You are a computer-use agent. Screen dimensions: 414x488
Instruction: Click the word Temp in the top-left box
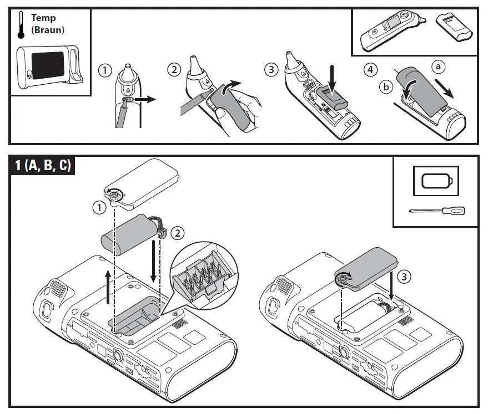(43, 18)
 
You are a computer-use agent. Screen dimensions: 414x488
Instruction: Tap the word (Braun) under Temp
(48, 29)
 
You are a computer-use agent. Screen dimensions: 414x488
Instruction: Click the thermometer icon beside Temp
(21, 25)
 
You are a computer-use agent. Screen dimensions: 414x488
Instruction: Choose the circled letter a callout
(439, 67)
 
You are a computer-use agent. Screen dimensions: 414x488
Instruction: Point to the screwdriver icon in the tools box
(436, 211)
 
